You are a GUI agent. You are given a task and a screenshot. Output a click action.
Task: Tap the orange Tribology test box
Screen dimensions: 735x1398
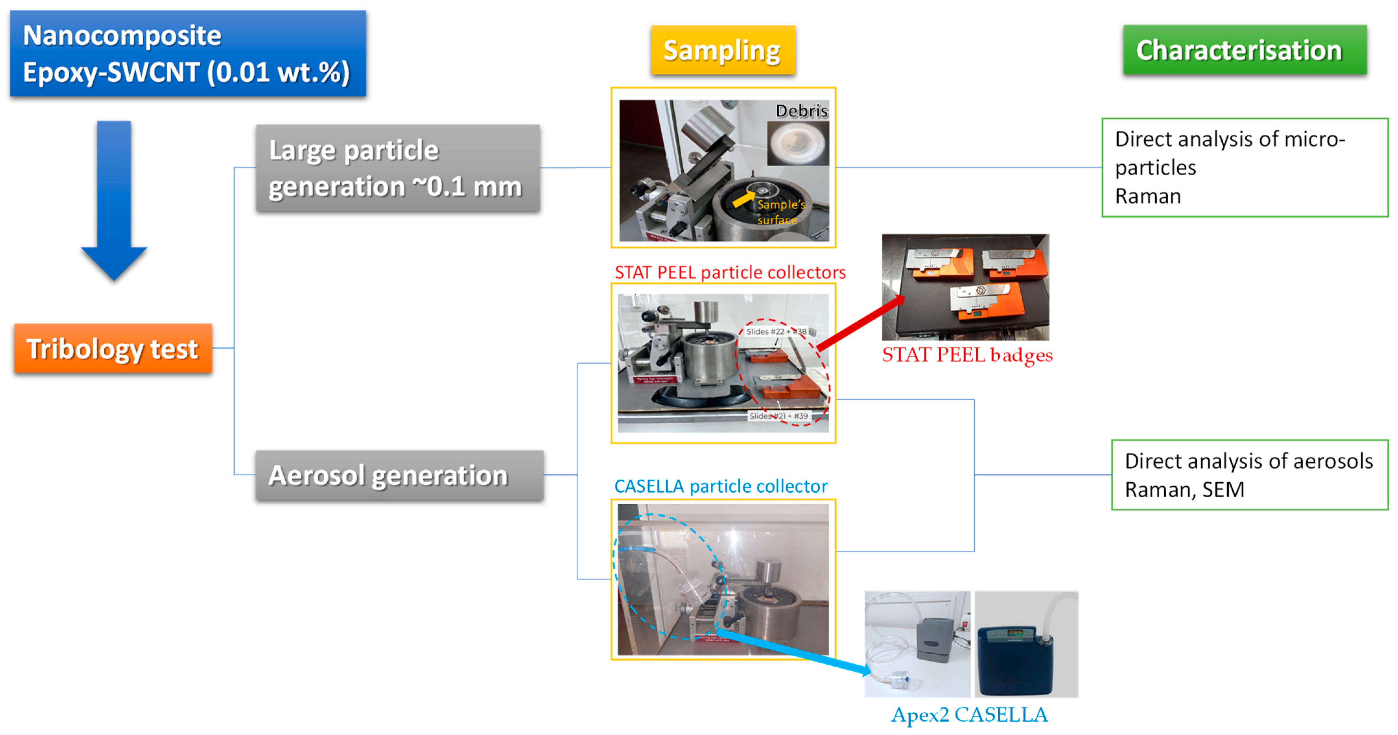point(113,348)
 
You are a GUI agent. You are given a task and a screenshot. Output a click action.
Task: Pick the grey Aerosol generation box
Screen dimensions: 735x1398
point(399,475)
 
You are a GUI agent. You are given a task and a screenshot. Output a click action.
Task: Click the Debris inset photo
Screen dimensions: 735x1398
point(797,143)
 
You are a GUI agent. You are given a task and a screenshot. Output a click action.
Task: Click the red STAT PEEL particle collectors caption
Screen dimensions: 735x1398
point(729,272)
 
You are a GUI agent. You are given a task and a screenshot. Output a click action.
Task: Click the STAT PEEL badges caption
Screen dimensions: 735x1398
point(967,355)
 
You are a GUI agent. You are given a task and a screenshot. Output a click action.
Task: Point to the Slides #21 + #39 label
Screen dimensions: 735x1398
point(778,416)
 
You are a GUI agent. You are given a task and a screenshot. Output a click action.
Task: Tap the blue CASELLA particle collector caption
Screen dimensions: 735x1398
point(720,486)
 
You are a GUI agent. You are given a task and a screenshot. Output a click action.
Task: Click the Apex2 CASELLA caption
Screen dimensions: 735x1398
point(969,715)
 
